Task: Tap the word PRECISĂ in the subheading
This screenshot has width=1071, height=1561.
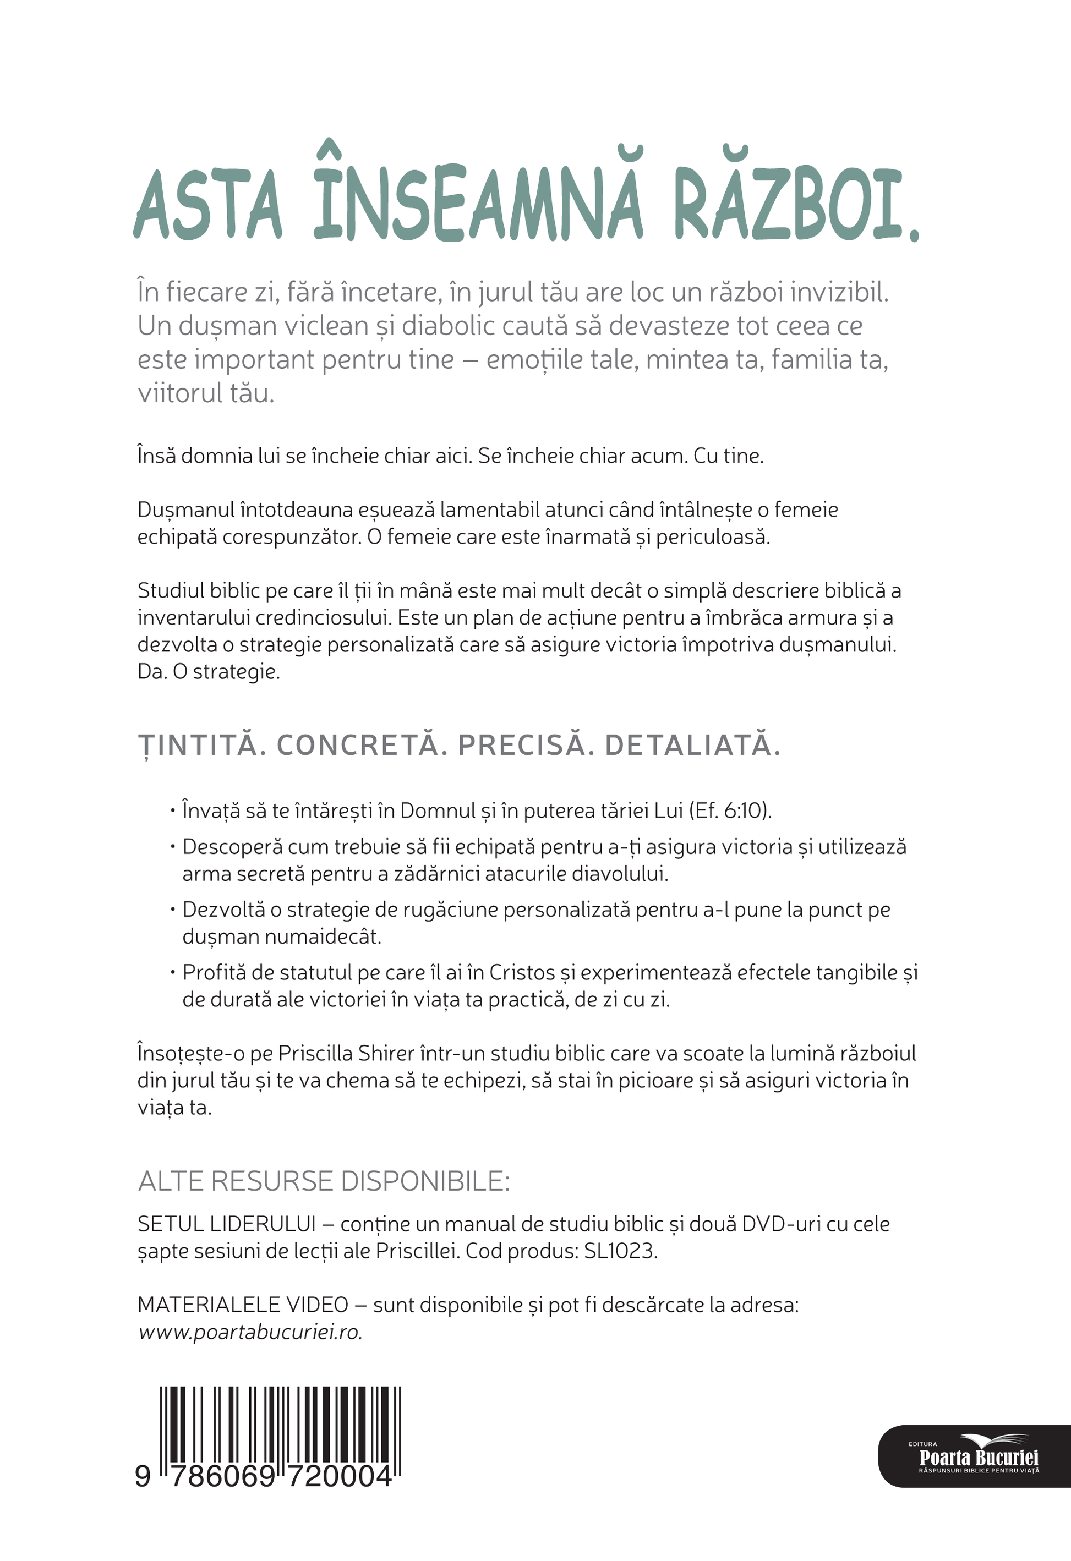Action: pos(521,746)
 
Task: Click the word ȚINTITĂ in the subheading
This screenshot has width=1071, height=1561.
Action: pos(198,746)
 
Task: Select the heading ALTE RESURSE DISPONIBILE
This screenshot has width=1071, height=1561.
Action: pos(324,1181)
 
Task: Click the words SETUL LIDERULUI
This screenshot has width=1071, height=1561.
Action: pos(226,1224)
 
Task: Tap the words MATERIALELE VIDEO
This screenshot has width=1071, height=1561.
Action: pos(243,1305)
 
